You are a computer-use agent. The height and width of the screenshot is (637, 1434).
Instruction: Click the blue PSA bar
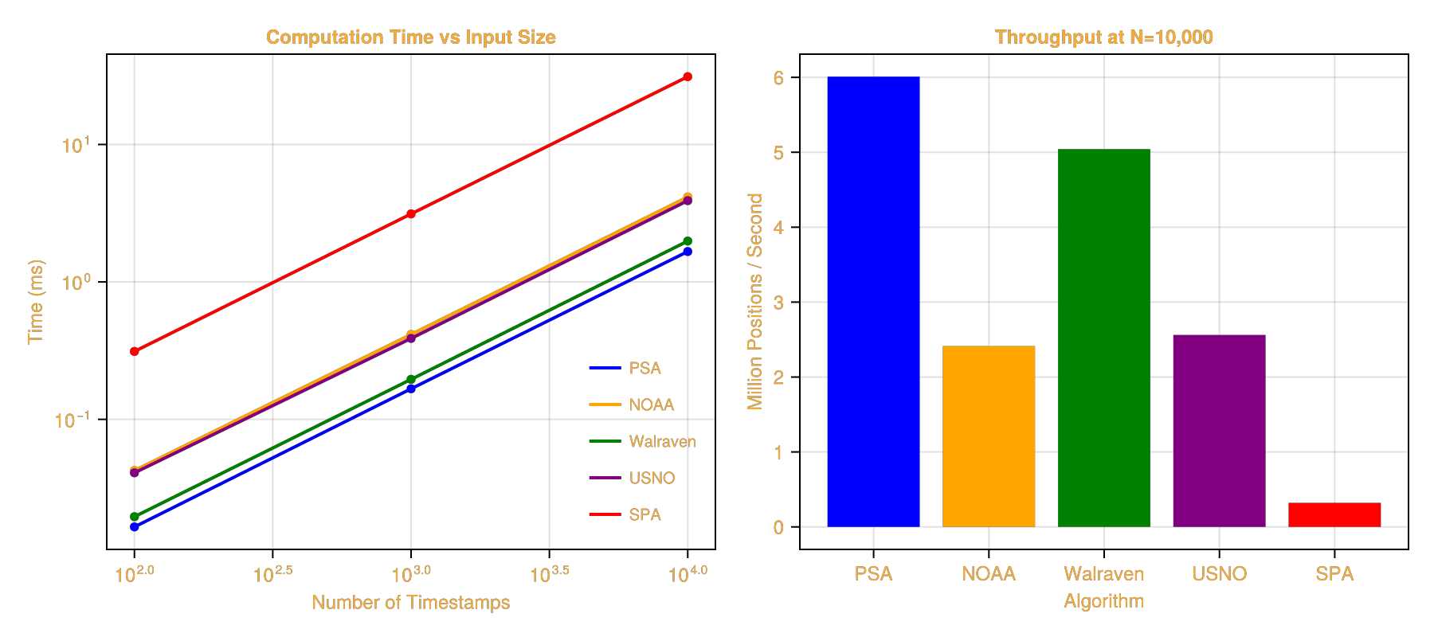[x=873, y=303]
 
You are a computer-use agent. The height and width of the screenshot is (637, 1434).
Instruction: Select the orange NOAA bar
[x=989, y=436]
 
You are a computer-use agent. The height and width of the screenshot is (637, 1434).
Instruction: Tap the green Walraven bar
[x=1103, y=338]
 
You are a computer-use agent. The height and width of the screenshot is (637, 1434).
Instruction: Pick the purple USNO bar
[x=1219, y=431]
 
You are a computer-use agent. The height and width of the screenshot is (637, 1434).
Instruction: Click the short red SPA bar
[x=1334, y=514]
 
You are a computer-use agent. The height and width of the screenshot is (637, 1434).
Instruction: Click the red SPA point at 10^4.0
[x=688, y=77]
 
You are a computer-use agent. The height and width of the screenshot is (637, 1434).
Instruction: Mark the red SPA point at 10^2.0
[x=135, y=351]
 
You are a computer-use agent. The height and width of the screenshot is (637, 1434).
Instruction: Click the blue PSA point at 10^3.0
[x=411, y=389]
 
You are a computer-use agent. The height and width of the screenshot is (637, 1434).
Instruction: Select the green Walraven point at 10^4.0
[x=688, y=241]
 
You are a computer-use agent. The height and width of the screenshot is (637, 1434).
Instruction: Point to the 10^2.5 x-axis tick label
[x=273, y=574]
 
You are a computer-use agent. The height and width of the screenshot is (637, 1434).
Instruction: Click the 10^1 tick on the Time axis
[x=76, y=146]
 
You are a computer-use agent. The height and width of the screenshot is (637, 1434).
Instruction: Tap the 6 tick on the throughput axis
[x=778, y=78]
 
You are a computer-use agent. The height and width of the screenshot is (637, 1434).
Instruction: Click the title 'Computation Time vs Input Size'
[x=411, y=37]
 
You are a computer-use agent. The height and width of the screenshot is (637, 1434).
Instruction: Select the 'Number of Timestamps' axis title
[x=411, y=602]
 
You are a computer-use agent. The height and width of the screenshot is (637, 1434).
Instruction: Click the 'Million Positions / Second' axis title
[x=754, y=301]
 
